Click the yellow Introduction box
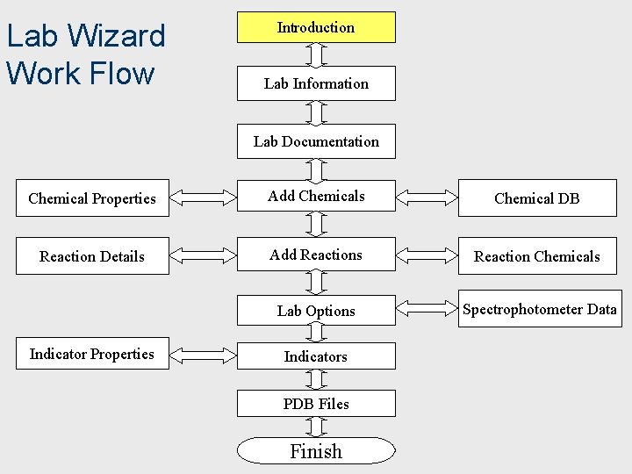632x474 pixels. (316, 27)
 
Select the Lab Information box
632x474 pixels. (316, 83)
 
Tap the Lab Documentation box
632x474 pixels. (316, 141)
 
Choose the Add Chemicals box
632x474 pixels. (316, 197)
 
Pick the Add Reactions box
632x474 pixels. (316, 255)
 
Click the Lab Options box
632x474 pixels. (316, 311)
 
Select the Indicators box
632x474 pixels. (316, 356)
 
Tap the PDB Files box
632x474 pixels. (316, 404)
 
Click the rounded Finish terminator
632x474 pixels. (316, 451)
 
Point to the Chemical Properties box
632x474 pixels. (92, 198)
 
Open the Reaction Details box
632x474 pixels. (92, 256)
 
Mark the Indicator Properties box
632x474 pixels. (92, 354)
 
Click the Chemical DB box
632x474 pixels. (536, 198)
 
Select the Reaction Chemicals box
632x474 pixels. (536, 256)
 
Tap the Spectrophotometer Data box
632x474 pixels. (539, 309)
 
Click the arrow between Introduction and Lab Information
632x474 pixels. (316, 54)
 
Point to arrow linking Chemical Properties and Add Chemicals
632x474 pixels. (203, 197)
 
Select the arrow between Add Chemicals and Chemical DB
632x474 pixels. (427, 197)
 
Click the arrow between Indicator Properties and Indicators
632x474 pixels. (203, 355)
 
